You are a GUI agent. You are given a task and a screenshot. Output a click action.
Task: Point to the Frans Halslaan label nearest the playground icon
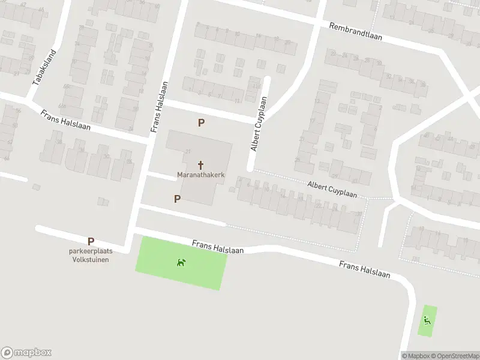[x=364, y=269]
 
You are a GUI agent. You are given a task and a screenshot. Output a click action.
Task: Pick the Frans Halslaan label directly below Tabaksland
[x=63, y=120]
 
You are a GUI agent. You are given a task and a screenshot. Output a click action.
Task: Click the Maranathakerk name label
[x=200, y=175]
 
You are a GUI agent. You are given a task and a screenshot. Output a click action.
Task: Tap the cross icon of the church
[x=200, y=164]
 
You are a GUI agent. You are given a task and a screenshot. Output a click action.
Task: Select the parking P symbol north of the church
[x=202, y=122]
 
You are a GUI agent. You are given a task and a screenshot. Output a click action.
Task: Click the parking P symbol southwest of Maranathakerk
[x=177, y=199]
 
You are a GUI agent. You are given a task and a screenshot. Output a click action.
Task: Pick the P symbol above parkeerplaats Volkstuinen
[x=91, y=242]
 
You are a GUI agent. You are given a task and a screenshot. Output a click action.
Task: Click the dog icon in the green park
[x=181, y=262]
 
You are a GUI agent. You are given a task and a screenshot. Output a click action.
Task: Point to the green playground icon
[x=427, y=320]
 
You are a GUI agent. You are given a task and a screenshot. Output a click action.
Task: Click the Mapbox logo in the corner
[x=26, y=353]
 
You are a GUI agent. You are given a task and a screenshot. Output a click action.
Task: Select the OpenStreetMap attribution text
[x=455, y=355]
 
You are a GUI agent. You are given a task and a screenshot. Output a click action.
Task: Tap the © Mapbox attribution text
[x=416, y=355]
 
